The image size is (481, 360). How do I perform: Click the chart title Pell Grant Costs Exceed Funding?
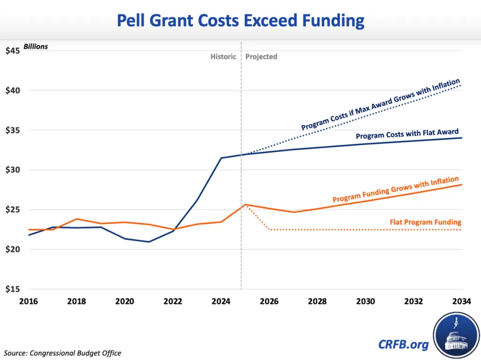point(240,21)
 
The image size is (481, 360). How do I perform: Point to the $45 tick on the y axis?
point(12,50)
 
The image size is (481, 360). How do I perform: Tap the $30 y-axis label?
point(12,170)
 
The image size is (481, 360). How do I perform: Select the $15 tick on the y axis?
point(12,289)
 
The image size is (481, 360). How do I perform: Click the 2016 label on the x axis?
point(29,301)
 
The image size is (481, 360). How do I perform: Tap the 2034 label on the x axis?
point(462,301)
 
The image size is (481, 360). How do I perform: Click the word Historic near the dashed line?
point(223,57)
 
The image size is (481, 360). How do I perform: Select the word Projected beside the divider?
point(261,57)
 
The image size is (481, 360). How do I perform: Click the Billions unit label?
point(36,47)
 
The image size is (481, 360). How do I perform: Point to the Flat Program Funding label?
point(426,222)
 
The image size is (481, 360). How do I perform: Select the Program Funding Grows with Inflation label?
point(396,190)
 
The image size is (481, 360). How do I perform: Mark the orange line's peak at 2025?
point(245,205)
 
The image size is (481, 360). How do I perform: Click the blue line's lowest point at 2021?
point(148,242)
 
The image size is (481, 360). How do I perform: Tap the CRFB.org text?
point(403,345)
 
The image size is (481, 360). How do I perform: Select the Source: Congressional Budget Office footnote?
point(62,353)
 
